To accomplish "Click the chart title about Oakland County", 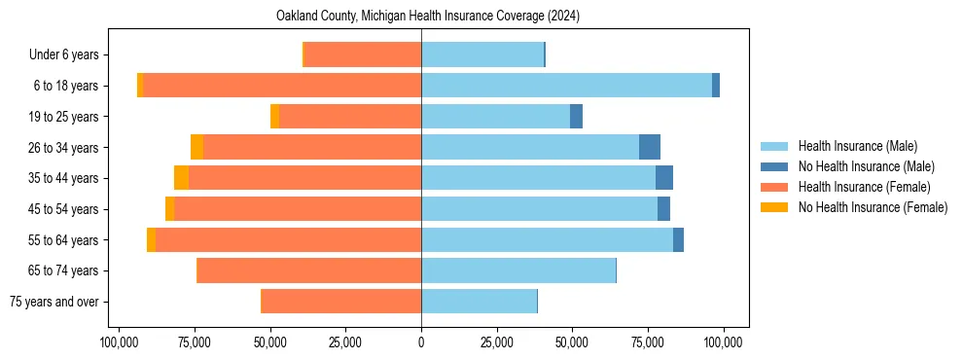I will (421, 17).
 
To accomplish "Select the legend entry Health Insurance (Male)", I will (857, 146).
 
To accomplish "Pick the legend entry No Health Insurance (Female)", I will (871, 207).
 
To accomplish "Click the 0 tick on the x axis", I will (421, 342).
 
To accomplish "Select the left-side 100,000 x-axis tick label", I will (119, 342).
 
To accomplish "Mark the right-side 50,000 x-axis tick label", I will (572, 342).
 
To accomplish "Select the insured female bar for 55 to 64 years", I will (288, 239).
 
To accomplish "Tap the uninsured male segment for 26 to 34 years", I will (650, 147).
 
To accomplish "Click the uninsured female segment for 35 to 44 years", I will (181, 178).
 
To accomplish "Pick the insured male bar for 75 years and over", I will (479, 302).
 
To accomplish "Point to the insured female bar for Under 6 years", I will (363, 54).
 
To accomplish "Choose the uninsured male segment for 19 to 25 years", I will (576, 117).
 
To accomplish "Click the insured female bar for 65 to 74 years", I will (309, 270).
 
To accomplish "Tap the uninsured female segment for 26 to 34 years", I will (196, 147).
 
